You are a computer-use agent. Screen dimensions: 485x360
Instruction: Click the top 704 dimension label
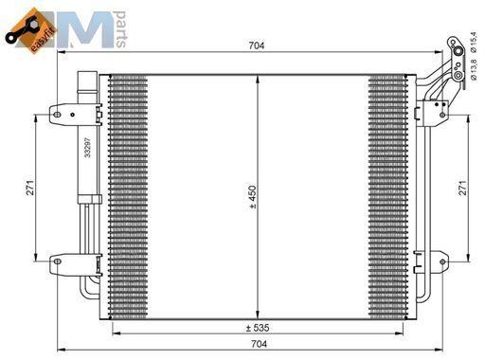pyautogui.click(x=257, y=45)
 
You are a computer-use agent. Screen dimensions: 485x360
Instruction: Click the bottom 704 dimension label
pyautogui.click(x=259, y=344)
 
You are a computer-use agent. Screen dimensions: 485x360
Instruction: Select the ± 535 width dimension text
pyautogui.click(x=258, y=328)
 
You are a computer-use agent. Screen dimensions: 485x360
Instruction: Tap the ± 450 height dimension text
pyautogui.click(x=253, y=197)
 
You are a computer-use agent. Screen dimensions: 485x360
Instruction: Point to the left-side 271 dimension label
pyautogui.click(x=30, y=188)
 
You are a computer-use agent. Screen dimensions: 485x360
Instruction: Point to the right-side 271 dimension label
pyautogui.click(x=462, y=188)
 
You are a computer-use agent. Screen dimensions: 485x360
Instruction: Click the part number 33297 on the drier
pyautogui.click(x=88, y=147)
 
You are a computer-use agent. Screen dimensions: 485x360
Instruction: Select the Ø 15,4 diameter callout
pyautogui.click(x=473, y=42)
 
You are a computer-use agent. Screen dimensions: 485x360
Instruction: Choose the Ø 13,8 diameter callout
pyautogui.click(x=474, y=69)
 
